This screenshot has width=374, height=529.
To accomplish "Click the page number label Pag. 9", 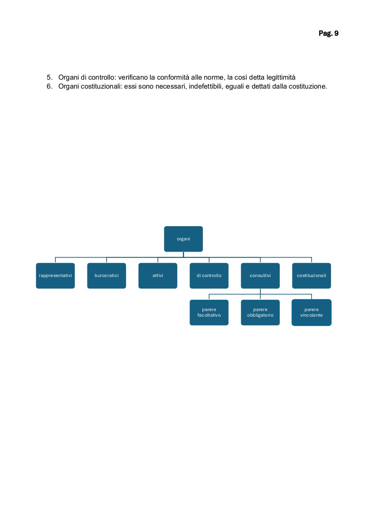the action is tap(328, 33).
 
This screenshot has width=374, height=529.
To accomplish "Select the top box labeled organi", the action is tap(183, 239).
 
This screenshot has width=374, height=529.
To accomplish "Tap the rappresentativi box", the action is tap(55, 276).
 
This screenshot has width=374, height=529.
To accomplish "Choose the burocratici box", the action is tap(107, 276).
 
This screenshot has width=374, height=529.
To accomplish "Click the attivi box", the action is tap(158, 276).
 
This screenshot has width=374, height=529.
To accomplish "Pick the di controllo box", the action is tap(209, 276).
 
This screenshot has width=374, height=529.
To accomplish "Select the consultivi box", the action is tap(260, 276).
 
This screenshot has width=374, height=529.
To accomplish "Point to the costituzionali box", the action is tap(312, 276).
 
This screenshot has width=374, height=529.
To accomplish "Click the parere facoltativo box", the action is tap(209, 313).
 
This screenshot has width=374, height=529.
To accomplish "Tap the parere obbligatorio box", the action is tap(260, 313).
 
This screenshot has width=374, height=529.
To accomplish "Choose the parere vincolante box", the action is tap(312, 313).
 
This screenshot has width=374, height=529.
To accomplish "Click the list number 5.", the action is tap(49, 77).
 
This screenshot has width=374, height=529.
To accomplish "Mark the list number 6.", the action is tap(49, 86).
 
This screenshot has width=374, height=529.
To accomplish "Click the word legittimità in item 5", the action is tap(281, 77).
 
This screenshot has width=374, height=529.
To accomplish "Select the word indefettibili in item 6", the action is tap(206, 86).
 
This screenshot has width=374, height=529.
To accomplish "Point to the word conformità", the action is tap(173, 77).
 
